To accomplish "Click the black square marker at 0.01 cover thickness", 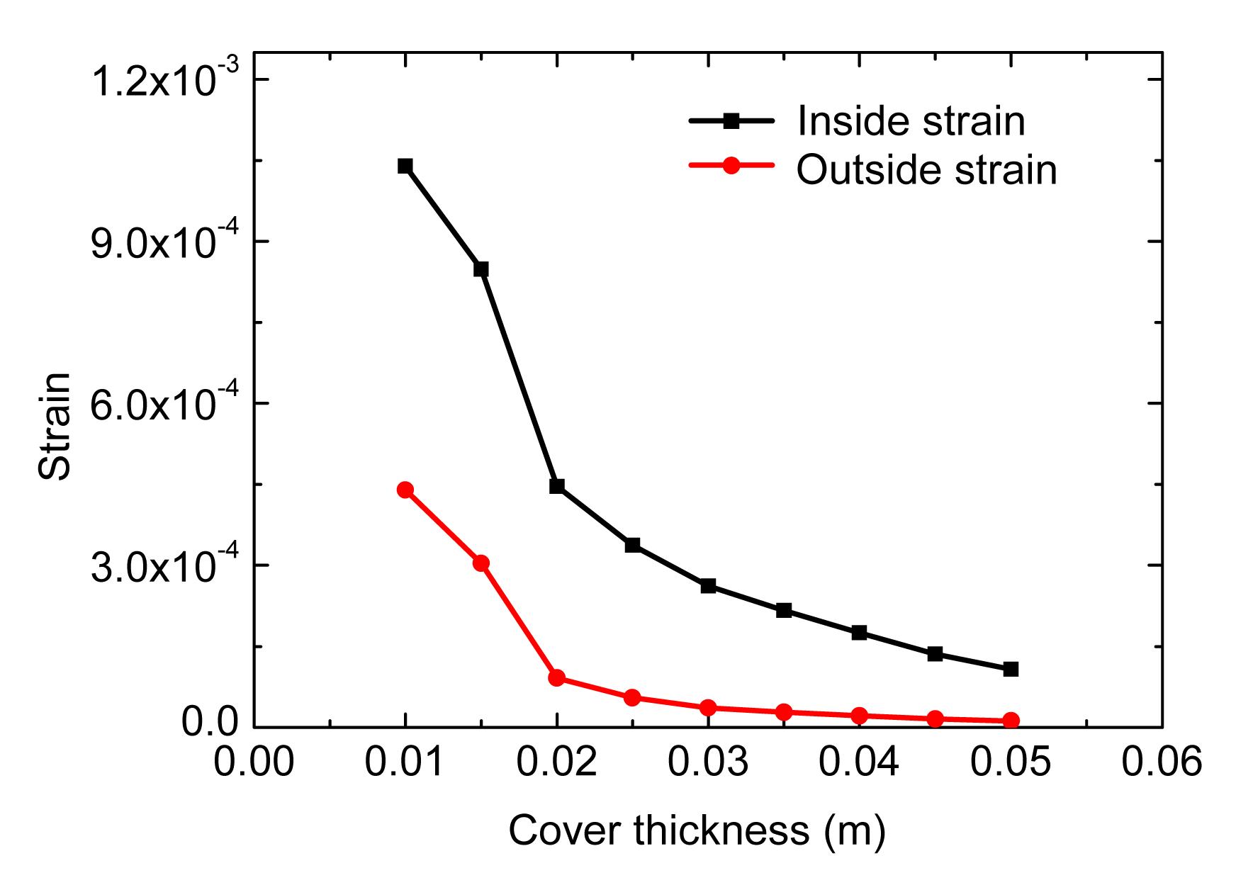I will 405,166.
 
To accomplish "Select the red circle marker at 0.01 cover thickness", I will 405,490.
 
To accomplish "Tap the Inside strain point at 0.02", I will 556,486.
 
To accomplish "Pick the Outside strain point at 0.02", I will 556,677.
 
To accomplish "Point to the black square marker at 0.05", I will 1011,669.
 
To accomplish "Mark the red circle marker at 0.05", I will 1011,721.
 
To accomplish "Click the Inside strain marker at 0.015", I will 481,269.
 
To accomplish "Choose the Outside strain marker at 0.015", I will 481,563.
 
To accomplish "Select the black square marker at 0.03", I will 708,586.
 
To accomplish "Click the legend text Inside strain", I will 911,121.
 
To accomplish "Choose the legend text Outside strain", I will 926,170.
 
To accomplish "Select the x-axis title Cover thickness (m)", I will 697,830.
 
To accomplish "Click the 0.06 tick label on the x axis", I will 1161,763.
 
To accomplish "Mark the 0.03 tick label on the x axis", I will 707,763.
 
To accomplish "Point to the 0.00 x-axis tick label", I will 254,763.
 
